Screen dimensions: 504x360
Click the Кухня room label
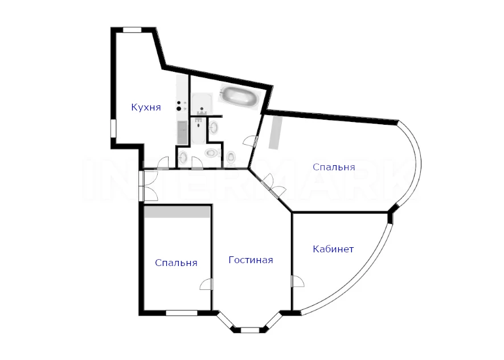click(146, 107)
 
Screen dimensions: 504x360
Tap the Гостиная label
click(251, 260)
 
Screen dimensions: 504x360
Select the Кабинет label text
click(333, 249)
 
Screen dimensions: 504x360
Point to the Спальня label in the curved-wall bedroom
click(334, 167)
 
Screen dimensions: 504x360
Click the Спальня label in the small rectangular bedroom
click(176, 263)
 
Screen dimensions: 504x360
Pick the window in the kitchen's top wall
click(133, 30)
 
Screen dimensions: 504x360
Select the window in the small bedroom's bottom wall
click(182, 313)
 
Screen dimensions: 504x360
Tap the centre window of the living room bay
click(250, 330)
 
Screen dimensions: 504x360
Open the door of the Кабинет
click(297, 281)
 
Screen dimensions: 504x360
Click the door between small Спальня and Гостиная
click(206, 284)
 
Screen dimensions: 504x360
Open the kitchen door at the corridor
click(163, 163)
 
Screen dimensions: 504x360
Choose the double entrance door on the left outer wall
click(149, 186)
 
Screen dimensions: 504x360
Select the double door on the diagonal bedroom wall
click(273, 186)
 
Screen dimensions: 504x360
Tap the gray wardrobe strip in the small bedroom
click(177, 212)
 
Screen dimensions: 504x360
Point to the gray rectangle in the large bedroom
click(276, 132)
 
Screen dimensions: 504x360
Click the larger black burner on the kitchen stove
click(179, 109)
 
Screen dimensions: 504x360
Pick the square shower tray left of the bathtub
click(202, 104)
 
